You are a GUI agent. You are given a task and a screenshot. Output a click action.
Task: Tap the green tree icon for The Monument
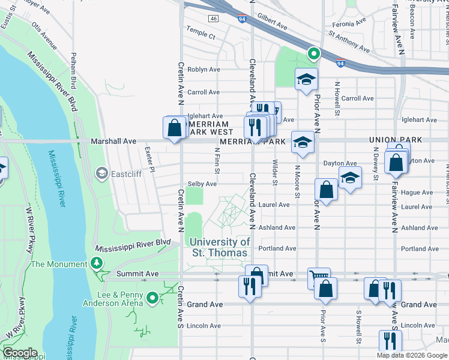[96, 263]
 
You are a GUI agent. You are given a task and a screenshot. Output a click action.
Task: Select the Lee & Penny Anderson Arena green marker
[153, 298]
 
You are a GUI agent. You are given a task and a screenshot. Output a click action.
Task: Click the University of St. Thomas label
[220, 247]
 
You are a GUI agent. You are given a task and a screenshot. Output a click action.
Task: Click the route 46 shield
[213, 19]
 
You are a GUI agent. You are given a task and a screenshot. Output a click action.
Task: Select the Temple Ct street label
[200, 35]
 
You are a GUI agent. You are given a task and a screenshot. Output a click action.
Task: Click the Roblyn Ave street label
[203, 70]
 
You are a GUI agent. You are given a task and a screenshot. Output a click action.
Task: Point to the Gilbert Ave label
[273, 22]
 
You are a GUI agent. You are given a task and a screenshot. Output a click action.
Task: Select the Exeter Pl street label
[149, 159]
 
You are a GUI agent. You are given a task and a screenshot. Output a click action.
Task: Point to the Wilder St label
[275, 172]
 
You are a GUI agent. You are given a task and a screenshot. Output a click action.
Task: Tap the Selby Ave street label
[202, 184]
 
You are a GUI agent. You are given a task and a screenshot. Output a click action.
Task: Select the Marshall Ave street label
[113, 142]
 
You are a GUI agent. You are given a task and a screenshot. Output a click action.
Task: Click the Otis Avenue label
[44, 37]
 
